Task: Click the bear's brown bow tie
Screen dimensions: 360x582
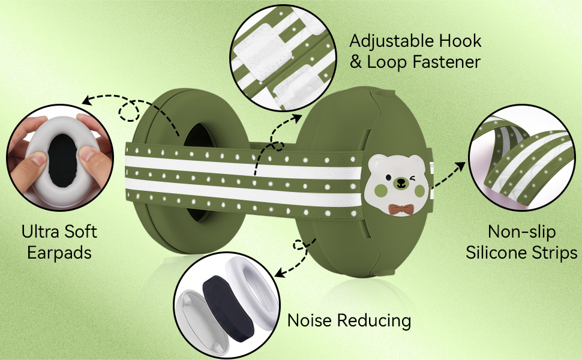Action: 395,208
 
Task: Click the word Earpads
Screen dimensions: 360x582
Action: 59,252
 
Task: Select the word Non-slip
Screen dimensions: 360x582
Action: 521,232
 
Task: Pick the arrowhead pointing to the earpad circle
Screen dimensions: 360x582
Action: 87,101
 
